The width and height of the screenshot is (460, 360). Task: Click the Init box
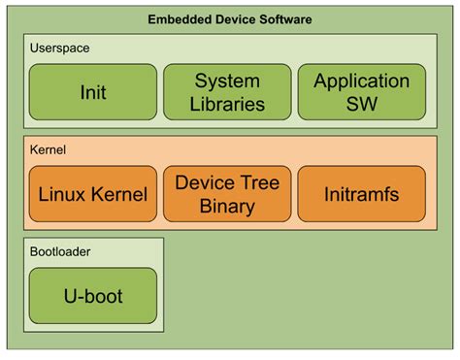coord(93,93)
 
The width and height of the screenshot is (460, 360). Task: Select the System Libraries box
coord(228,93)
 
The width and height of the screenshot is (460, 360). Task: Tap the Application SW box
coord(361,93)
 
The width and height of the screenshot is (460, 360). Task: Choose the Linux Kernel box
coord(93,194)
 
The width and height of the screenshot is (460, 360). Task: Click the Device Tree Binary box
coord(228,194)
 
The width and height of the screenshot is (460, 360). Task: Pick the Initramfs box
coord(361,194)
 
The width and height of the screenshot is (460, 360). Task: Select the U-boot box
coord(93,295)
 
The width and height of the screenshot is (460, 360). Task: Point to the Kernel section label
coord(48,150)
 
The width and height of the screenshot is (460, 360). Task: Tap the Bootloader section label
coord(61,251)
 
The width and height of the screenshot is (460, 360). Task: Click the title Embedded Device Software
coord(229,19)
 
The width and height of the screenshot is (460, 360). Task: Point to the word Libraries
coord(228,105)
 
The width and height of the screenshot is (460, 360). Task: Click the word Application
coord(361,82)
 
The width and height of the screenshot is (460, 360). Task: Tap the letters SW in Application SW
coord(361,105)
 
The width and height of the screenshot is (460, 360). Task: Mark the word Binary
coord(228,206)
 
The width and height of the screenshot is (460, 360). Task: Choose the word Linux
coord(63,194)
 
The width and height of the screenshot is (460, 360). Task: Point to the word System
coord(228,82)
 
